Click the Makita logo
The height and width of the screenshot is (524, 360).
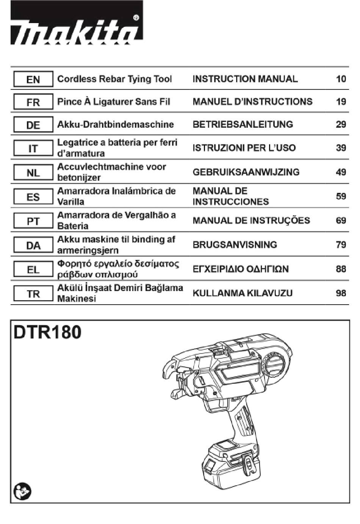(77, 22)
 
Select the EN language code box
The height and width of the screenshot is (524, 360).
(33, 79)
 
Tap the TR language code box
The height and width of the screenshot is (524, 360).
(33, 293)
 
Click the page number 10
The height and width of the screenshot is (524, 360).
(341, 79)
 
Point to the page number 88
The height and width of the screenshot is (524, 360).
(341, 269)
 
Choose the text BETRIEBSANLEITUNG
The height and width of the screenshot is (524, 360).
(243, 124)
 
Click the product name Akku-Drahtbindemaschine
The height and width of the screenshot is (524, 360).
(116, 124)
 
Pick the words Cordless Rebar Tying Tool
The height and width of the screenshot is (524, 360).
(114, 79)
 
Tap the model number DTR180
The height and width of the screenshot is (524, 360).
(47, 332)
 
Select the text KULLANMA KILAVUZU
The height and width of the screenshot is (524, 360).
(243, 293)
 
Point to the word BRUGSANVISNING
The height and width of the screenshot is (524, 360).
(235, 245)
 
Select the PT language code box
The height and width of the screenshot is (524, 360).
(33, 221)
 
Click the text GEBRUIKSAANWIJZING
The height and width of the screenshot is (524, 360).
(246, 172)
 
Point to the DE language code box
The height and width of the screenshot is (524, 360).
(33, 124)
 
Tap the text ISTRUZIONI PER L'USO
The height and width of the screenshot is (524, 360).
(244, 148)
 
